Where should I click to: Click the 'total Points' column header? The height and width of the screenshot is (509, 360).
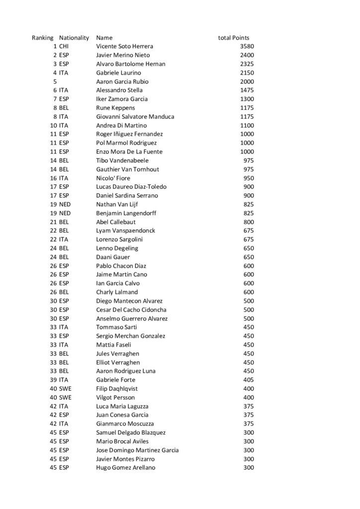234,38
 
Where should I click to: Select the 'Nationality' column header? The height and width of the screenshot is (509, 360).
74,38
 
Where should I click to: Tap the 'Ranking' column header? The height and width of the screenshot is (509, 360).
43,38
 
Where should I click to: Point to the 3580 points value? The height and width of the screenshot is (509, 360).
247,46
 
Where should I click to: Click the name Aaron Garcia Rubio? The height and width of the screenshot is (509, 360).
122,82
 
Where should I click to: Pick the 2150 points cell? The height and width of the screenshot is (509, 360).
247,73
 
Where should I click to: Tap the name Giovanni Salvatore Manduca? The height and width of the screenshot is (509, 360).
135,117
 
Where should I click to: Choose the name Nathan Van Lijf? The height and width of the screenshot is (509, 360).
117,204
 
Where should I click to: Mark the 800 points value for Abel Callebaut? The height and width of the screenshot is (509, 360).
249,222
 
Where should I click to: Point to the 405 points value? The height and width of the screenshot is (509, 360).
249,380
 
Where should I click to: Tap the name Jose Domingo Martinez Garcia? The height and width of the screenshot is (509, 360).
137,450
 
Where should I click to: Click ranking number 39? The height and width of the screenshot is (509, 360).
53,380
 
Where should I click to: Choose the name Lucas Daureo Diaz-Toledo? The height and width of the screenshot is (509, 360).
131,187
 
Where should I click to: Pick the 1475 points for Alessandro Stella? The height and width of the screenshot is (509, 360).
247,90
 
